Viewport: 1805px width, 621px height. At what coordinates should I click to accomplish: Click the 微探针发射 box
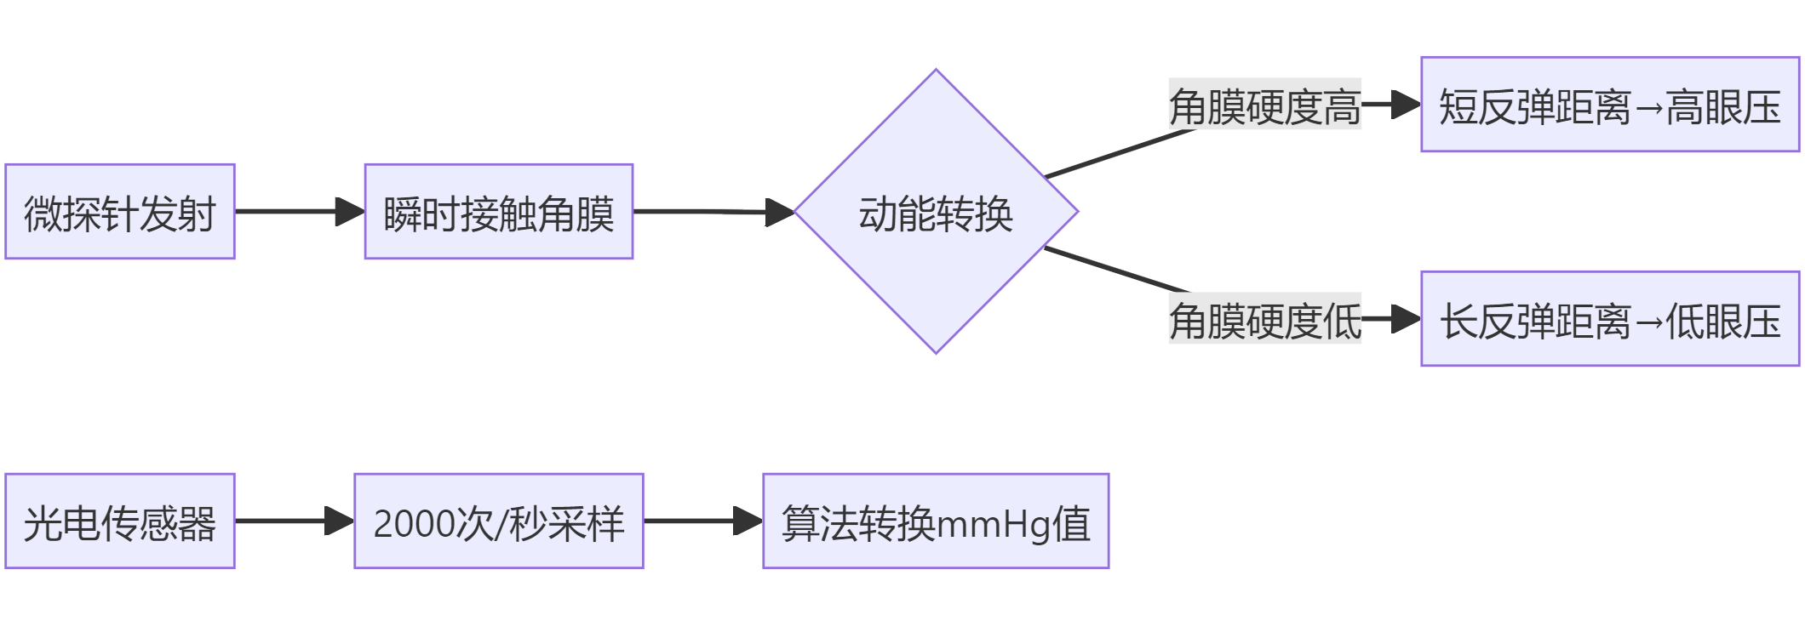point(120,212)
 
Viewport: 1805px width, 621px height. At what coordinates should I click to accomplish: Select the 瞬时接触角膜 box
point(499,212)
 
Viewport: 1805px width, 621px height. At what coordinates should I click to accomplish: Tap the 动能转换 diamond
point(936,212)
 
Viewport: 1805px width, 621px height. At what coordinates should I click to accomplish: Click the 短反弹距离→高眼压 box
point(1610,105)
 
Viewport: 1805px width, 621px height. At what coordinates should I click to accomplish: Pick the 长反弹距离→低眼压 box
point(1610,319)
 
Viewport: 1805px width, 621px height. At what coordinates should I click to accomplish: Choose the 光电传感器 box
point(120,521)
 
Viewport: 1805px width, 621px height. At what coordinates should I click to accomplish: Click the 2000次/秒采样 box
point(499,521)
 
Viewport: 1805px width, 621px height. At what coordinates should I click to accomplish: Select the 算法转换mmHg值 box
point(936,521)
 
